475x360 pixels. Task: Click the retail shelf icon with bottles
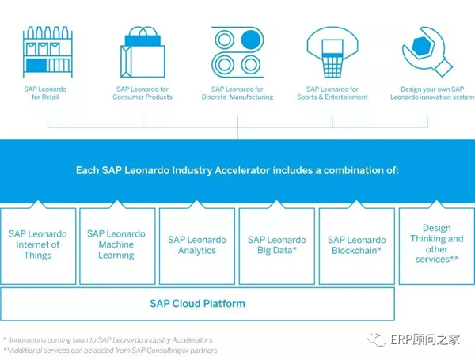tap(47, 51)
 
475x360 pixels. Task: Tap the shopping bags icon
tap(142, 51)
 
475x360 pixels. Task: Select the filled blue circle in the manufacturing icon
tap(250, 40)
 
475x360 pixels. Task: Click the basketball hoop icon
tap(332, 51)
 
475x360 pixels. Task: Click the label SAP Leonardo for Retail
tap(45, 93)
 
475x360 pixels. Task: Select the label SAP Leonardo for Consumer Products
tap(142, 93)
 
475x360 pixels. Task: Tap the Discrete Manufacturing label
tap(237, 97)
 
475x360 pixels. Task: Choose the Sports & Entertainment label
tap(332, 97)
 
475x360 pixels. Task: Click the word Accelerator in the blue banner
tap(242, 170)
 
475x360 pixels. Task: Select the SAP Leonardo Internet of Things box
tap(38, 246)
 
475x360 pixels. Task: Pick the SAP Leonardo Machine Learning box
tap(117, 246)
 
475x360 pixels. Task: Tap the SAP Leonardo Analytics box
tap(197, 246)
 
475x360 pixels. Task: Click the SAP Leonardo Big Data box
tap(277, 246)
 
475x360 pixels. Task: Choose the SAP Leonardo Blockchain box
tap(357, 246)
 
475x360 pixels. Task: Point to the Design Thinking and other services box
tap(437, 246)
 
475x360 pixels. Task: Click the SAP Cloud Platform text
tap(197, 304)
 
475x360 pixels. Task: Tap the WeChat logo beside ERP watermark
tap(377, 339)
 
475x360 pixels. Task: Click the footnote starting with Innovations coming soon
tap(108, 340)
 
